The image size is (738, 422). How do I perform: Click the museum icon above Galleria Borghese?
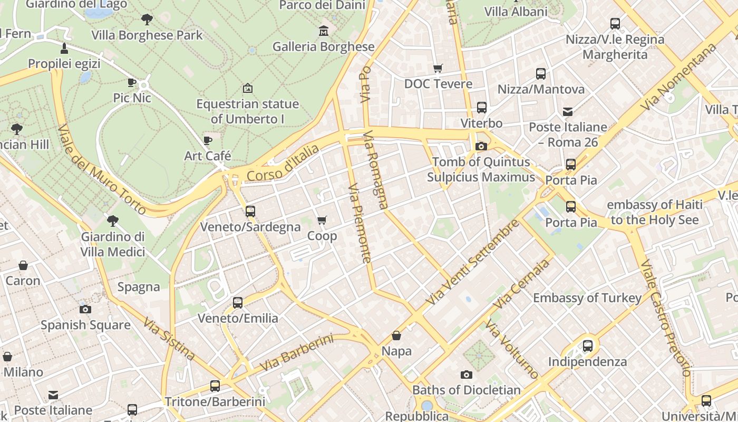(324, 31)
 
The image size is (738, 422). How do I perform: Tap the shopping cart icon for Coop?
(322, 220)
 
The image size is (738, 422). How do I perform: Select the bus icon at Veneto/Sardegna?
(250, 212)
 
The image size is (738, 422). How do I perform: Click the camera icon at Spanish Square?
(85, 309)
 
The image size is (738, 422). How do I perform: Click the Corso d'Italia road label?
(283, 163)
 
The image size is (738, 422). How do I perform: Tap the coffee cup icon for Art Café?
(208, 141)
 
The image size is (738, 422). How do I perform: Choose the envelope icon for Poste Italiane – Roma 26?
(568, 112)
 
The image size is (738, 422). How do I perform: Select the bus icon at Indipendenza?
(588, 347)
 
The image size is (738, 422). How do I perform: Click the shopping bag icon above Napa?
(396, 335)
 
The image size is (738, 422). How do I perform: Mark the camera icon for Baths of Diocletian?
(467, 375)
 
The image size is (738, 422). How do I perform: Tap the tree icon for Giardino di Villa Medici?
(112, 221)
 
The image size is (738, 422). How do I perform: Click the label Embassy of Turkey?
(587, 298)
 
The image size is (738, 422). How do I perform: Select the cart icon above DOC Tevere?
(438, 69)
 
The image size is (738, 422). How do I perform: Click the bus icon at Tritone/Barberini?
(215, 386)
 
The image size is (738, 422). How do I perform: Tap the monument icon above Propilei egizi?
(64, 49)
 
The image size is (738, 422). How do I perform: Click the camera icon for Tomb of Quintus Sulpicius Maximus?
(481, 147)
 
